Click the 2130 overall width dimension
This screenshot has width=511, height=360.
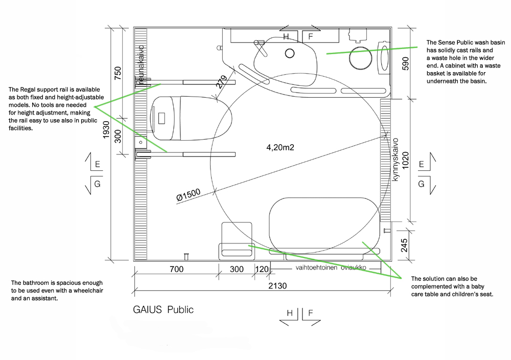click(277, 286)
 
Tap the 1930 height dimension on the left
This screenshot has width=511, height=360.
click(106, 130)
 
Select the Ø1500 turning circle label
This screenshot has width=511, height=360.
click(188, 195)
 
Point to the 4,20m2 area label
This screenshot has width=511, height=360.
click(280, 148)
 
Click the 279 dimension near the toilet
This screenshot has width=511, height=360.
click(221, 82)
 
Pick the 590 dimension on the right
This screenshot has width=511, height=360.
click(405, 63)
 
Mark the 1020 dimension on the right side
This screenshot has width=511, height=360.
click(405, 161)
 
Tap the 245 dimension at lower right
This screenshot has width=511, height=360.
click(404, 245)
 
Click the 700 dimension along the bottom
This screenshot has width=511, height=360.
click(177, 269)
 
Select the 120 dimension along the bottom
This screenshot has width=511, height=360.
click(262, 269)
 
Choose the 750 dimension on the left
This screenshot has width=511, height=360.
click(118, 73)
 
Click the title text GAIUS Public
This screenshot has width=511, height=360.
click(164, 309)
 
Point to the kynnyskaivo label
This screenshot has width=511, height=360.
click(396, 160)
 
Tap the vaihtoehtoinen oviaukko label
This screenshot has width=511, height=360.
click(331, 268)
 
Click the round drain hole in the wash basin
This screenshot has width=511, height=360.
click(290, 54)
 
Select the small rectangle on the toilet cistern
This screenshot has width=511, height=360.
click(161, 118)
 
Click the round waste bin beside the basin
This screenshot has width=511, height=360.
click(360, 58)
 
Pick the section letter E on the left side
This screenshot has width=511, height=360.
click(98, 164)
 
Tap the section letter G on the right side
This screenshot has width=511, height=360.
click(421, 184)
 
